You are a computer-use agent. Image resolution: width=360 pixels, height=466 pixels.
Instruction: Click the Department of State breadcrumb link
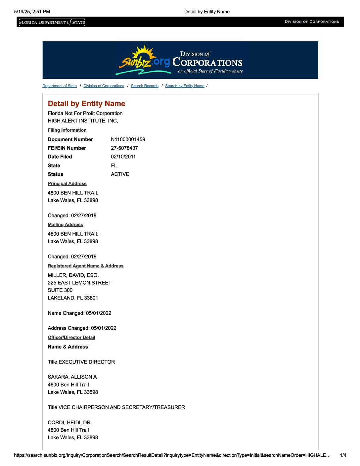pyautogui.click(x=60, y=86)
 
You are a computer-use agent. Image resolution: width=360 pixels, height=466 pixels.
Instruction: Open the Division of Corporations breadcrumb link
pyautogui.click(x=104, y=86)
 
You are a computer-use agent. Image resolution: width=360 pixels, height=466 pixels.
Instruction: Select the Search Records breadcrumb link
pyautogui.click(x=145, y=86)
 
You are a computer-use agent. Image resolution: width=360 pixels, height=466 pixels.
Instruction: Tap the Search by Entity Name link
pyautogui.click(x=185, y=86)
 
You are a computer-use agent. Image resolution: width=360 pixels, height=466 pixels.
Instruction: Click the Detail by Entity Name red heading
pyautogui.click(x=86, y=104)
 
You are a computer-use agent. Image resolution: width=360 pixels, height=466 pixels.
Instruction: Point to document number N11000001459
pyautogui.click(x=128, y=139)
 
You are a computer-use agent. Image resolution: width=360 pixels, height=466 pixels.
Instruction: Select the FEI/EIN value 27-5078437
pyautogui.click(x=124, y=148)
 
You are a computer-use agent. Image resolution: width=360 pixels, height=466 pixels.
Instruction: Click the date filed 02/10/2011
pyautogui.click(x=123, y=157)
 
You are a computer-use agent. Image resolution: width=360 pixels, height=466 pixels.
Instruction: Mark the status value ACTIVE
pyautogui.click(x=120, y=174)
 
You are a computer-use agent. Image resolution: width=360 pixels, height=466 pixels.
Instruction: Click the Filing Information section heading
pyautogui.click(x=67, y=130)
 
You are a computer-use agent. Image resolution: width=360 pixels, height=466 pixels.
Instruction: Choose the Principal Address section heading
pyautogui.click(x=67, y=183)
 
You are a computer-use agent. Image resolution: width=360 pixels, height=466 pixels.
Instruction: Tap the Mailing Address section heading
pyautogui.click(x=65, y=224)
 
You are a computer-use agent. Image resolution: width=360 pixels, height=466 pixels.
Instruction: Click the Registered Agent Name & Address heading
pyautogui.click(x=85, y=266)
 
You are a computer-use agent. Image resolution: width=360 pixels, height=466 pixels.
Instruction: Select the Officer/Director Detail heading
pyautogui.click(x=71, y=337)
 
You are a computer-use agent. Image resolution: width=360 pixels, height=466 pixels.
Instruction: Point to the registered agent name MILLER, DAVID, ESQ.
pyautogui.click(x=73, y=275)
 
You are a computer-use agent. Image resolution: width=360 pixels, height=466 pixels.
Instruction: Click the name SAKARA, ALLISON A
pyautogui.click(x=72, y=377)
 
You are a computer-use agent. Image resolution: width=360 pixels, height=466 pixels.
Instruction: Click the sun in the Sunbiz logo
pyautogui.click(x=143, y=53)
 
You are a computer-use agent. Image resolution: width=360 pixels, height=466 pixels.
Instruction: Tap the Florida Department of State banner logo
pyautogui.click(x=52, y=22)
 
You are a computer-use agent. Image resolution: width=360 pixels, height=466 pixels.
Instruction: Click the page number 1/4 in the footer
pyautogui.click(x=343, y=455)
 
